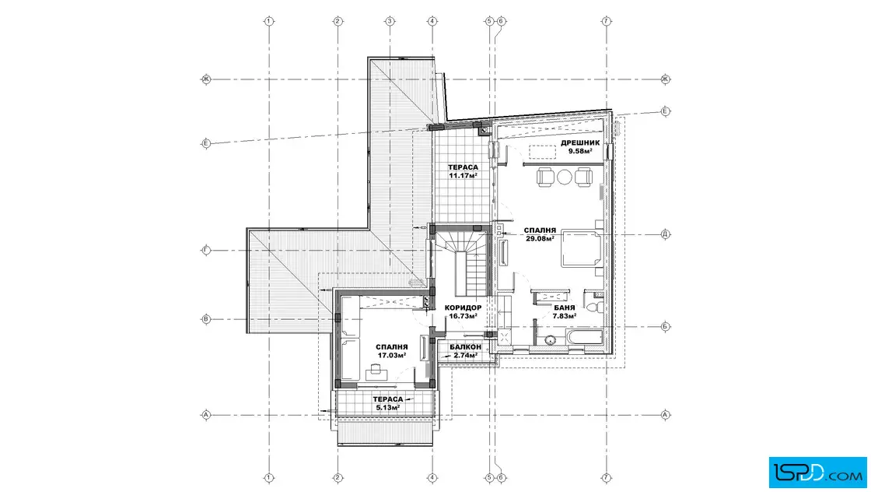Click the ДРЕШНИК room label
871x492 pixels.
click(580, 143)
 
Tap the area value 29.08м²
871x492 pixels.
click(540, 238)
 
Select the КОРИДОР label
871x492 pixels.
click(463, 308)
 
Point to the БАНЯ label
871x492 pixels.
click(565, 308)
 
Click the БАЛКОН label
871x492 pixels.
click(466, 347)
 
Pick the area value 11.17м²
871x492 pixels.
click(463, 176)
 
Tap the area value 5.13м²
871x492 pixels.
click(388, 407)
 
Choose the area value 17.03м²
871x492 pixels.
click(392, 355)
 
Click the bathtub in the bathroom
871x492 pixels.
click(584, 337)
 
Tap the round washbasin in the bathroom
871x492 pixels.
click(550, 339)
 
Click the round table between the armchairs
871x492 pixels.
click(565, 177)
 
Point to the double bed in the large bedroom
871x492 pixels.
click(581, 250)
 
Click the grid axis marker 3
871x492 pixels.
click(390, 21)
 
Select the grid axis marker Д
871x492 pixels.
click(666, 234)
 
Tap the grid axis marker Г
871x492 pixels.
click(205, 250)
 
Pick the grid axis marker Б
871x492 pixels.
click(666, 327)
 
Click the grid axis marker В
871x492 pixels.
click(205, 320)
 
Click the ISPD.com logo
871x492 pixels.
click(817, 473)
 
